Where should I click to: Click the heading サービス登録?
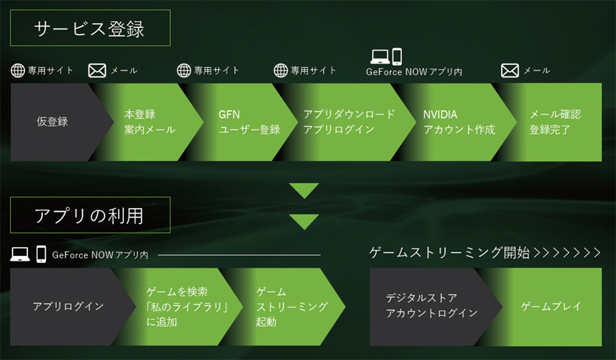pyautogui.click(x=90, y=29)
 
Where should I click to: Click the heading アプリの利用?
pyautogui.click(x=90, y=216)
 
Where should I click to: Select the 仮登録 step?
pyautogui.click(x=53, y=123)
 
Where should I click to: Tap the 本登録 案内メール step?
pyautogui.click(x=149, y=123)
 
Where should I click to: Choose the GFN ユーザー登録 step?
pyautogui.click(x=248, y=123)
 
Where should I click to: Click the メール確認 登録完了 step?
pyautogui.click(x=555, y=123)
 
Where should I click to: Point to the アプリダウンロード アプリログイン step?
pyautogui.click(x=348, y=123)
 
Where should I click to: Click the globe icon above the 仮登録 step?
pyautogui.click(x=18, y=70)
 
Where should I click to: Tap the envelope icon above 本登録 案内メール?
pyautogui.click(x=97, y=70)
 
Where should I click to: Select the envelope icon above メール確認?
pyautogui.click(x=510, y=70)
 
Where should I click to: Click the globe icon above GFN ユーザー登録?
pyautogui.click(x=183, y=70)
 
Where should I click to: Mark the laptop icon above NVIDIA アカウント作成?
pyautogui.click(x=379, y=55)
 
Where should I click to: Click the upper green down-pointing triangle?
pyautogui.click(x=304, y=190)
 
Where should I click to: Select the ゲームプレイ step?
pyautogui.click(x=550, y=307)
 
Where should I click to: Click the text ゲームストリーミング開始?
pyautogui.click(x=450, y=253)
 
